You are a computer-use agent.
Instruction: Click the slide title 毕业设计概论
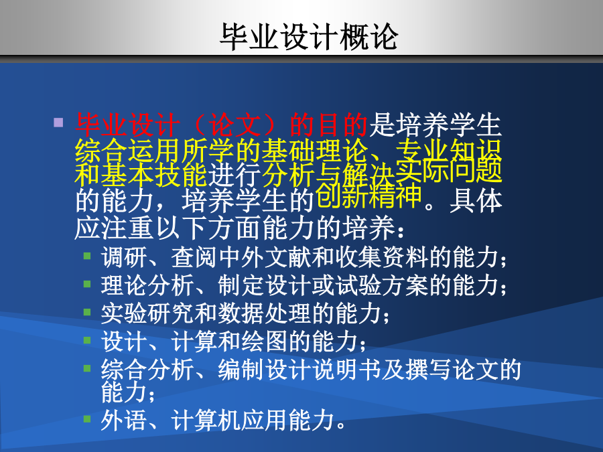[309, 37]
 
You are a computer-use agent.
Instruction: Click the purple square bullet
[58, 123]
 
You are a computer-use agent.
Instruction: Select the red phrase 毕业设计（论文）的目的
[222, 125]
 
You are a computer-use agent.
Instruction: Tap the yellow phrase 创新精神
[368, 196]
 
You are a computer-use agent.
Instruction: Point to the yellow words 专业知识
[449, 150]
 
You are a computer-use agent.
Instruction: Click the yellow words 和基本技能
[141, 174]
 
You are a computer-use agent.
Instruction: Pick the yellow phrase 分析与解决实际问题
[383, 172]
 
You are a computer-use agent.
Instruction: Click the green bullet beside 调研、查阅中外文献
[87, 256]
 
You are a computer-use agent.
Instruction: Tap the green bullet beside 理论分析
[87, 284]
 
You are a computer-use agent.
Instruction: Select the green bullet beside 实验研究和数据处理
[87, 312]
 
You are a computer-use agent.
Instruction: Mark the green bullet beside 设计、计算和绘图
[87, 340]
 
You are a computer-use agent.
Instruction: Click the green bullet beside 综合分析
[87, 368]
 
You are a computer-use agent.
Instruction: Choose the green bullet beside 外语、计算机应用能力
[87, 418]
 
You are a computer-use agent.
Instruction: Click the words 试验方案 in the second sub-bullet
[382, 285]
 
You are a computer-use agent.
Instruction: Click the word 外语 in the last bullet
[124, 420]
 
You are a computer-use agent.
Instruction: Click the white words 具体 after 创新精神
[476, 201]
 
